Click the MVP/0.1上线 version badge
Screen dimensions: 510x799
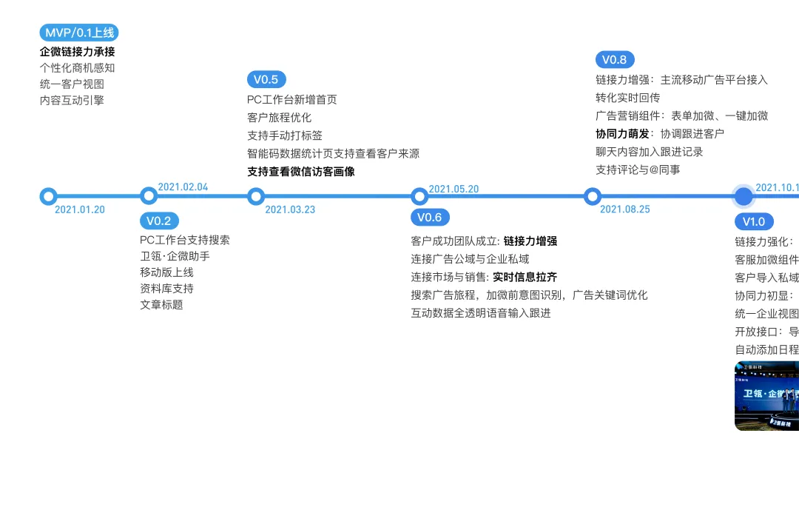point(79,33)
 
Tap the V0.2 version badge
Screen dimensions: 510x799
point(159,221)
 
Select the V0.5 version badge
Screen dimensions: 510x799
point(266,79)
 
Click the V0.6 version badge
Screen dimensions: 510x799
point(430,217)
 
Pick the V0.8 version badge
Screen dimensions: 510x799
point(615,60)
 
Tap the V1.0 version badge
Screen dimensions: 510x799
point(754,221)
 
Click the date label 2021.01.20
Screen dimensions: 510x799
point(80,209)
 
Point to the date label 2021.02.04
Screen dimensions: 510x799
point(183,187)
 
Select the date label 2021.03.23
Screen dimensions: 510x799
point(290,209)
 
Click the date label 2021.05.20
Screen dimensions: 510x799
point(454,189)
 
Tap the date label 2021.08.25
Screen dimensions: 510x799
point(625,209)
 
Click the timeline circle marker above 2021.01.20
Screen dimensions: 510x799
point(48,196)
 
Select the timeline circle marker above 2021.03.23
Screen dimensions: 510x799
point(256,196)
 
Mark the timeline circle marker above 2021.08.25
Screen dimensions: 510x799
point(592,196)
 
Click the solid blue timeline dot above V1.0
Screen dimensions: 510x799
point(744,196)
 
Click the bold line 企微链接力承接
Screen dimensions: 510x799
point(78,52)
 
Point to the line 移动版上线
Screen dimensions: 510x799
point(166,272)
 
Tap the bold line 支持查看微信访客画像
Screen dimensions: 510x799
point(301,172)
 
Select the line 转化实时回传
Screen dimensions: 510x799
point(628,98)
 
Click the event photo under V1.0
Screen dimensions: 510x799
point(767,396)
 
